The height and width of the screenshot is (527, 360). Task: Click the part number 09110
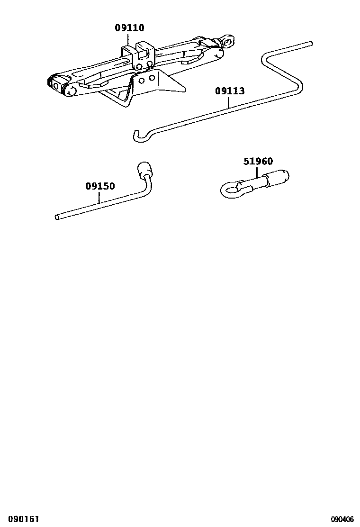[129, 28]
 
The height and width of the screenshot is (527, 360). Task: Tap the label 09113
[230, 91]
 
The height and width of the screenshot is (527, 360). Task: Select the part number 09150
[100, 186]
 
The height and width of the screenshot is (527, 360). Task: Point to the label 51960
[258, 162]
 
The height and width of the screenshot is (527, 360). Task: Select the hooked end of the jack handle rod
[136, 136]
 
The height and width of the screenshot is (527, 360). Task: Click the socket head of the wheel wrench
[144, 169]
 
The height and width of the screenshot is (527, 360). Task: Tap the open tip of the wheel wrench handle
[57, 218]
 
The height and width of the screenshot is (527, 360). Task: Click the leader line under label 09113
[230, 102]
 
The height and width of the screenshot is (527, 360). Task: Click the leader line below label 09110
[129, 39]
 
